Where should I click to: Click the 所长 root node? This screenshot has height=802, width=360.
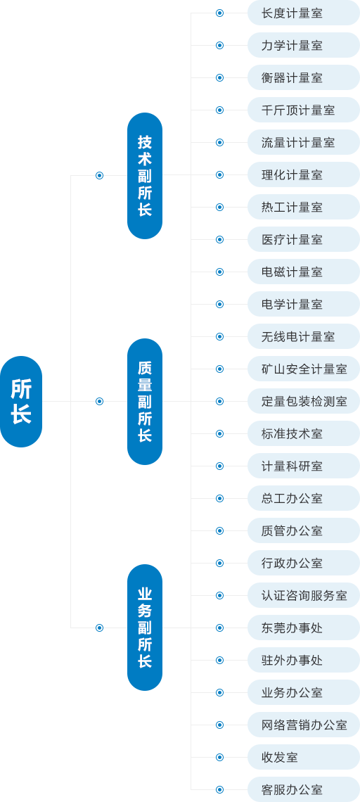point(21,401)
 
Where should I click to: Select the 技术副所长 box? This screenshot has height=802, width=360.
point(145,175)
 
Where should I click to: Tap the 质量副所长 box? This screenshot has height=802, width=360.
point(145,401)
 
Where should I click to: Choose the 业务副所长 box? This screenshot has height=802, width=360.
point(145,628)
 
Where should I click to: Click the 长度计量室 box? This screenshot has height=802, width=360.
point(303,13)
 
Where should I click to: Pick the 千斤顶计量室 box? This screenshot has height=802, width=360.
point(303,110)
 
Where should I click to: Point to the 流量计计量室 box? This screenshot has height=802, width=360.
point(303,142)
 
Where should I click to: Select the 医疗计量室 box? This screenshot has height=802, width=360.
point(303,239)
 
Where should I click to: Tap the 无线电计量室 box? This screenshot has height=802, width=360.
point(303,336)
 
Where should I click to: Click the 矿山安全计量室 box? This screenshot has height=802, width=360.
point(303,369)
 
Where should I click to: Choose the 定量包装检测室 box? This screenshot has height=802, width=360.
point(303,401)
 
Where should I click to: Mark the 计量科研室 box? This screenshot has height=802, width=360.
point(303,466)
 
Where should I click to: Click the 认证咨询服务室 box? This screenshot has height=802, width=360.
point(303,595)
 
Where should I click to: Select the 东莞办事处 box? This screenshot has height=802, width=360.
point(303,628)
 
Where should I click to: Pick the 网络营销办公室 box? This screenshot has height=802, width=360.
point(303,725)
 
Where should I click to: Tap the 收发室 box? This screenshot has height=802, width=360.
point(303,757)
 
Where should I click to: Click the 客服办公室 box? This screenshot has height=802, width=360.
point(303,789)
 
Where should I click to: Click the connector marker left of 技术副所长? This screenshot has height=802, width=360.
point(99,175)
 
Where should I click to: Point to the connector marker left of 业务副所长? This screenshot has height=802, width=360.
point(99,628)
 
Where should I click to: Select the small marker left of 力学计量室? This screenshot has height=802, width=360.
point(219,45)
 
